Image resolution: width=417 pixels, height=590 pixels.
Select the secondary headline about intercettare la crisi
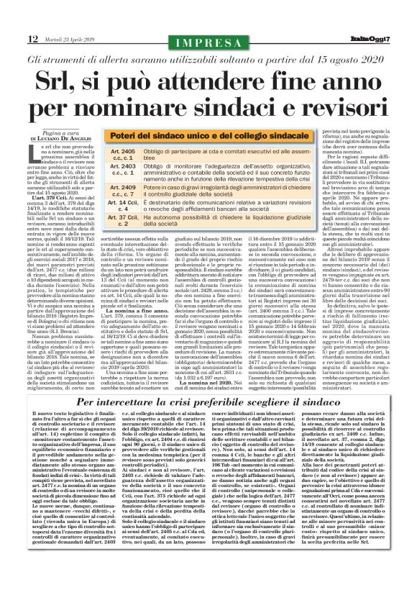(208, 404)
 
